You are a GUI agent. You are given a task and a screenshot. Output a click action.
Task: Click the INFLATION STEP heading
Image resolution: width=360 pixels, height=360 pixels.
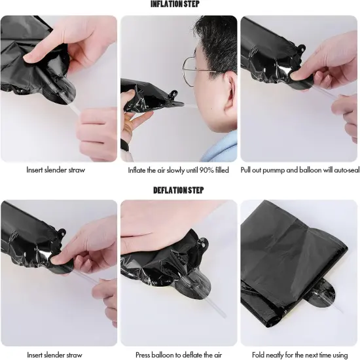tap(175, 4)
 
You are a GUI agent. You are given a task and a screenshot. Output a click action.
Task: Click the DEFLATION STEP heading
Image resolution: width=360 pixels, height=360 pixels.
tap(179, 190)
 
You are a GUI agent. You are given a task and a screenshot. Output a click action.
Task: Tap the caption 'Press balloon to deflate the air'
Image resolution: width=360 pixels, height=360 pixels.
tap(179, 355)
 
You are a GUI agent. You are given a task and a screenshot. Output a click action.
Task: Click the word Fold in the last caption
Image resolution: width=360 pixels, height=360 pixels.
tap(258, 355)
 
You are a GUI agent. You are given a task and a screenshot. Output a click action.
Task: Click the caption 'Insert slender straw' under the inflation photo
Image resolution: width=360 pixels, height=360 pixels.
tap(56, 170)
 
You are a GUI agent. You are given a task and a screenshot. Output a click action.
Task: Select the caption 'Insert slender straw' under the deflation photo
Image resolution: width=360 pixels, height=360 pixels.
tap(54, 355)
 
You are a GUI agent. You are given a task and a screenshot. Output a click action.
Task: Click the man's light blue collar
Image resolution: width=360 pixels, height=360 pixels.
tap(221, 146)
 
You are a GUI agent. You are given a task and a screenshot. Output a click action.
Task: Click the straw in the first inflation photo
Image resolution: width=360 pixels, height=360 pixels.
tap(73, 109)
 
